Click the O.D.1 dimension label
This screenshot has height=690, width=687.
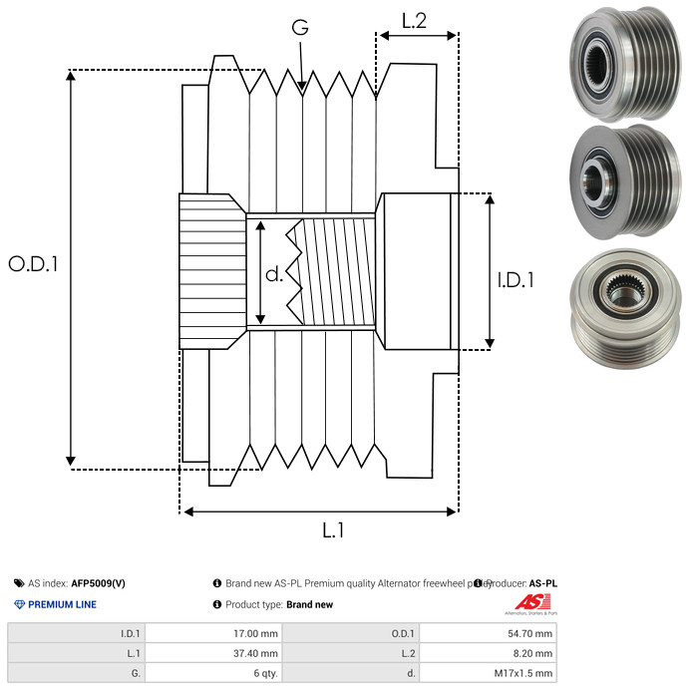[33, 264]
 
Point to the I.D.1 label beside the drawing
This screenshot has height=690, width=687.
[515, 280]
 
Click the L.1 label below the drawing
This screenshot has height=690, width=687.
[333, 531]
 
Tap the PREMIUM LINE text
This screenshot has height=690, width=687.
[62, 604]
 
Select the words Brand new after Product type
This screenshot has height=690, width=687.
[309, 604]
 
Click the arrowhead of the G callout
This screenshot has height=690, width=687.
[301, 89]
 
